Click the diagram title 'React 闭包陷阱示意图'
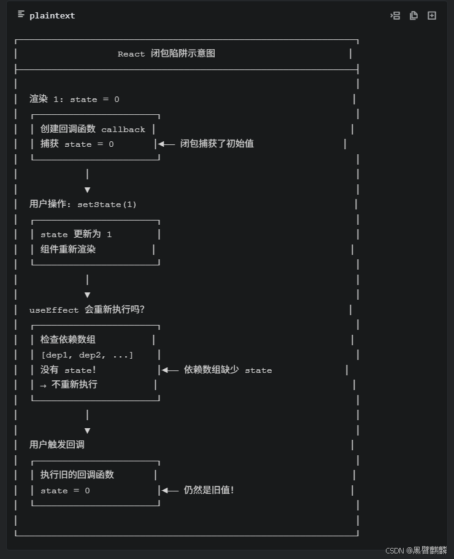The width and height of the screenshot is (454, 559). (166, 53)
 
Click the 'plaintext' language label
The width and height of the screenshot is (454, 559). (52, 16)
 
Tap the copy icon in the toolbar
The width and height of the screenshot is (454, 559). (414, 15)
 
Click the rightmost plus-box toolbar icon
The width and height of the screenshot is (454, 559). (432, 15)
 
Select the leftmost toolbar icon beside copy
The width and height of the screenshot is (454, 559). (395, 15)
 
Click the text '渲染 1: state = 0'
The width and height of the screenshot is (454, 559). (74, 99)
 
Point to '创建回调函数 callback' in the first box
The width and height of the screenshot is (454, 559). (93, 129)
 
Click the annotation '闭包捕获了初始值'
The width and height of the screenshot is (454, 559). (217, 144)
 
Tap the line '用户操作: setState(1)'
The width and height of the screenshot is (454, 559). (83, 204)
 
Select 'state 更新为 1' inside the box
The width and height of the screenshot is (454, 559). (76, 234)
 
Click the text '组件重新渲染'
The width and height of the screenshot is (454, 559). (68, 249)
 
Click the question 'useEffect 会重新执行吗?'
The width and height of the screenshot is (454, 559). (87, 310)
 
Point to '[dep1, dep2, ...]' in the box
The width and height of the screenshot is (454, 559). (87, 355)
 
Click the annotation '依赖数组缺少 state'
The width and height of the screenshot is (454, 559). (228, 370)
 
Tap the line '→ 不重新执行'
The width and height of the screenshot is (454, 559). (69, 385)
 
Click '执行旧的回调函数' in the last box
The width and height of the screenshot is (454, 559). (77, 474)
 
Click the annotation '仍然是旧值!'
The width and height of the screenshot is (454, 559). (209, 490)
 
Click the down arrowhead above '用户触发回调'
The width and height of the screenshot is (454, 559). (87, 431)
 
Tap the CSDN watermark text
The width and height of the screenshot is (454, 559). (416, 550)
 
